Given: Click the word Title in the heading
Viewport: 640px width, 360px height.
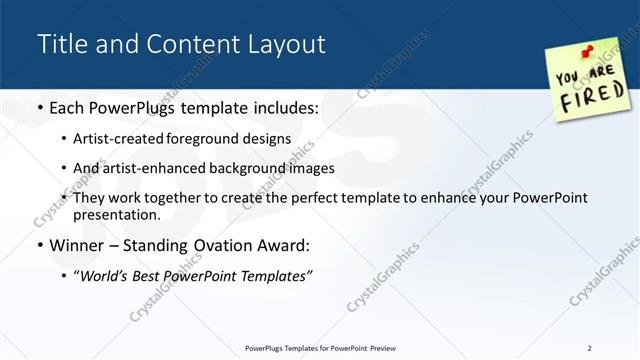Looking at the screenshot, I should click(x=59, y=44).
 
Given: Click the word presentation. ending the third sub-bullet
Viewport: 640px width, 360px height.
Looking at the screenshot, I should click(x=116, y=214).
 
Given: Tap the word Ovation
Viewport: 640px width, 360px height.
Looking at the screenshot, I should click(x=217, y=245).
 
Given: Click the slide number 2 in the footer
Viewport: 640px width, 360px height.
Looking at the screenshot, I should click(x=589, y=347).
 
